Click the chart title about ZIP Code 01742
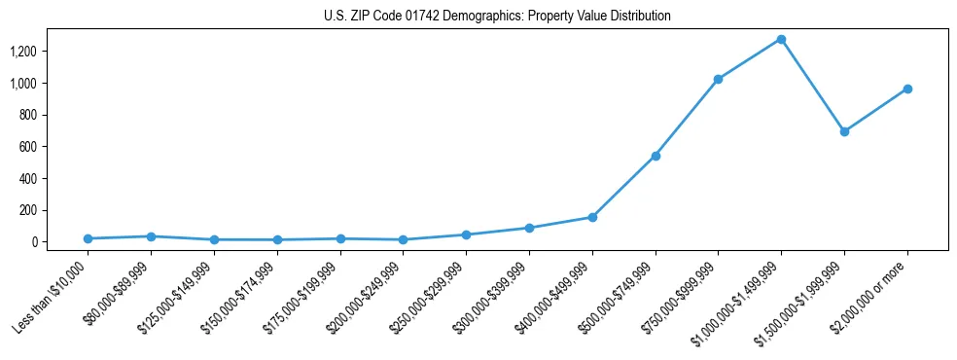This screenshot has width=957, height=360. tap(497, 17)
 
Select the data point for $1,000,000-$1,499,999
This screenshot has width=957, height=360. tap(781, 40)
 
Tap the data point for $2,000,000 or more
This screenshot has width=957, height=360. tap(907, 89)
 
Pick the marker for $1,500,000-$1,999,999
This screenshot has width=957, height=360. tap(844, 131)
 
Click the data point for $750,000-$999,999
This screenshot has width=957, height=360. tap(718, 79)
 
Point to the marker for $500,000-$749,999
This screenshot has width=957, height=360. tap(656, 156)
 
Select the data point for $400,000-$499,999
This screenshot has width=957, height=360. tap(592, 217)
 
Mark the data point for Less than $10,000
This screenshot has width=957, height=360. tap(89, 238)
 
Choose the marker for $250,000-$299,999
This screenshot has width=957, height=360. tap(466, 234)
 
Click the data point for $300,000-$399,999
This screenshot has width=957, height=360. tap(529, 228)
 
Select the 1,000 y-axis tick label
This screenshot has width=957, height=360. tap(36, 84)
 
